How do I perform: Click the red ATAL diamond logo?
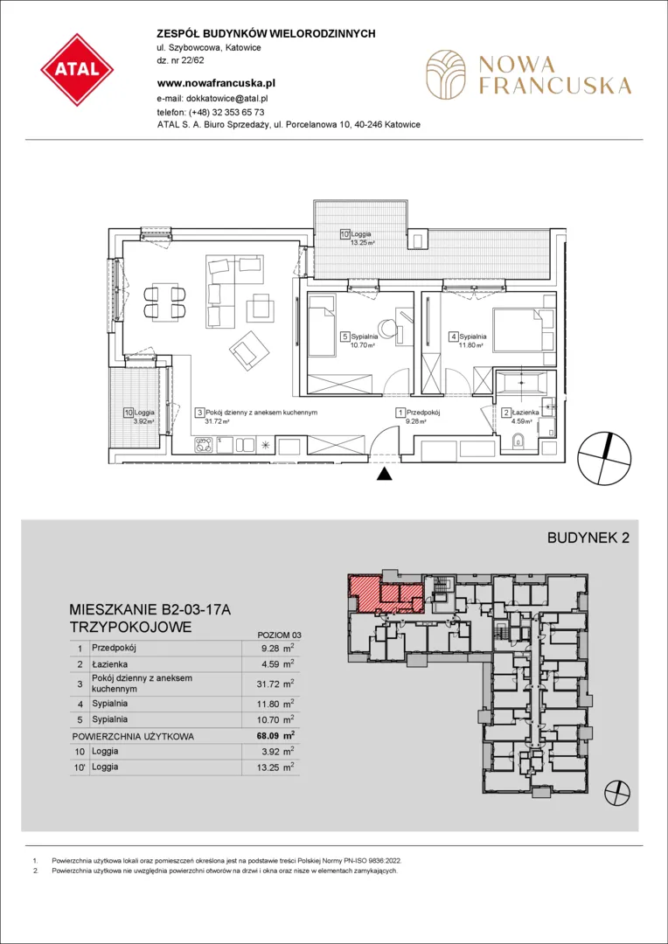77,70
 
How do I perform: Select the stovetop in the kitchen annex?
203,446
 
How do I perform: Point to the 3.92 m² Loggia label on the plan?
140,417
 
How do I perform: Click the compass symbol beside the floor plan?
605,458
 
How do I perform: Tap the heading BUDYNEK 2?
588,538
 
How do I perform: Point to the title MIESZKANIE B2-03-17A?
150,611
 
